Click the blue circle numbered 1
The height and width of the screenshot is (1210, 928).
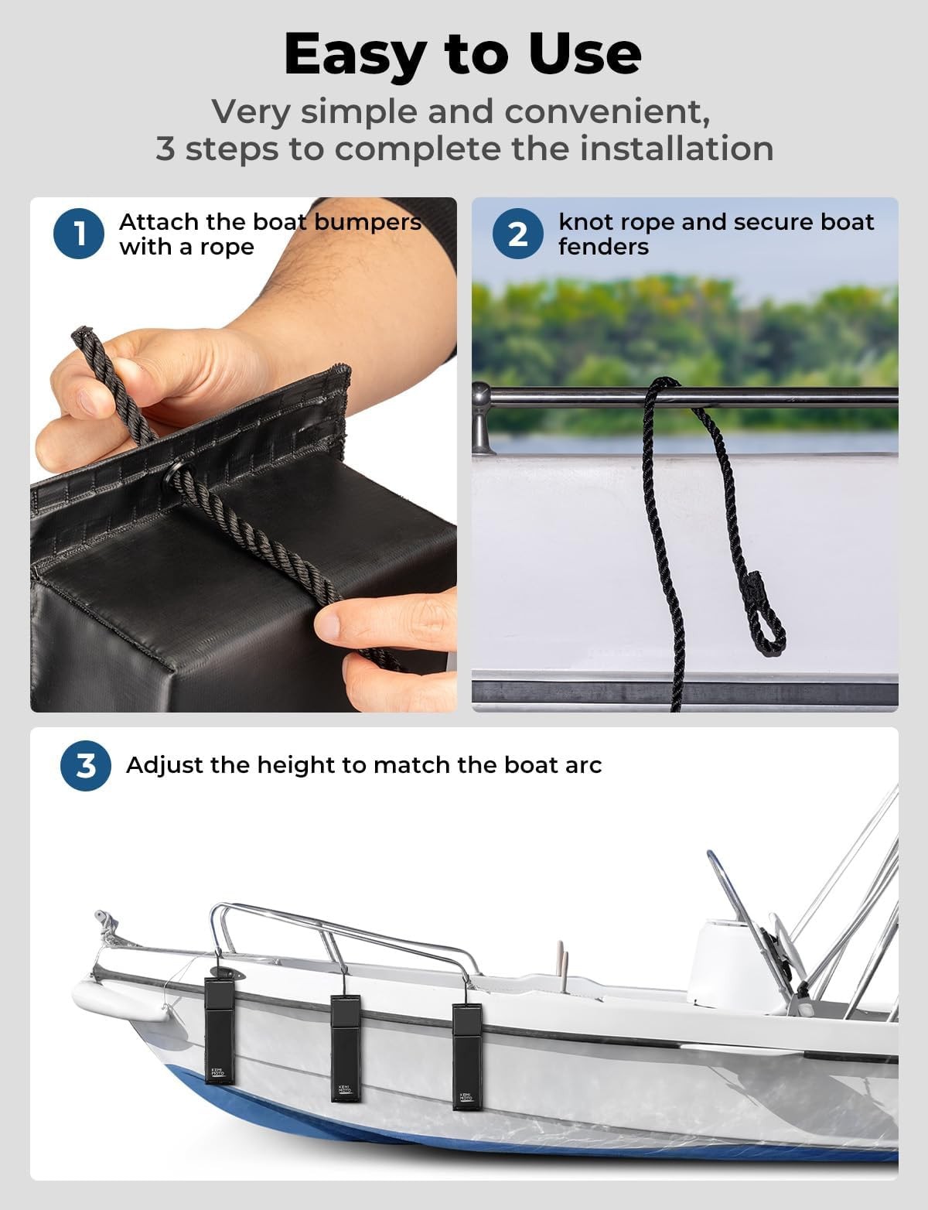[78, 234]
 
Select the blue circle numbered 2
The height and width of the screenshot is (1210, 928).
[518, 234]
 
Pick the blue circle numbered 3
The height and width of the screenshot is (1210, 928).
[86, 766]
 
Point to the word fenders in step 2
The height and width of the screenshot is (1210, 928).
[604, 247]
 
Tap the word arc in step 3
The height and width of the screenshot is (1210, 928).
[583, 766]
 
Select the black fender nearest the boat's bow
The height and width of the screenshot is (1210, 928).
[219, 1031]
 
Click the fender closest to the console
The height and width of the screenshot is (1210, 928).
[467, 1056]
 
